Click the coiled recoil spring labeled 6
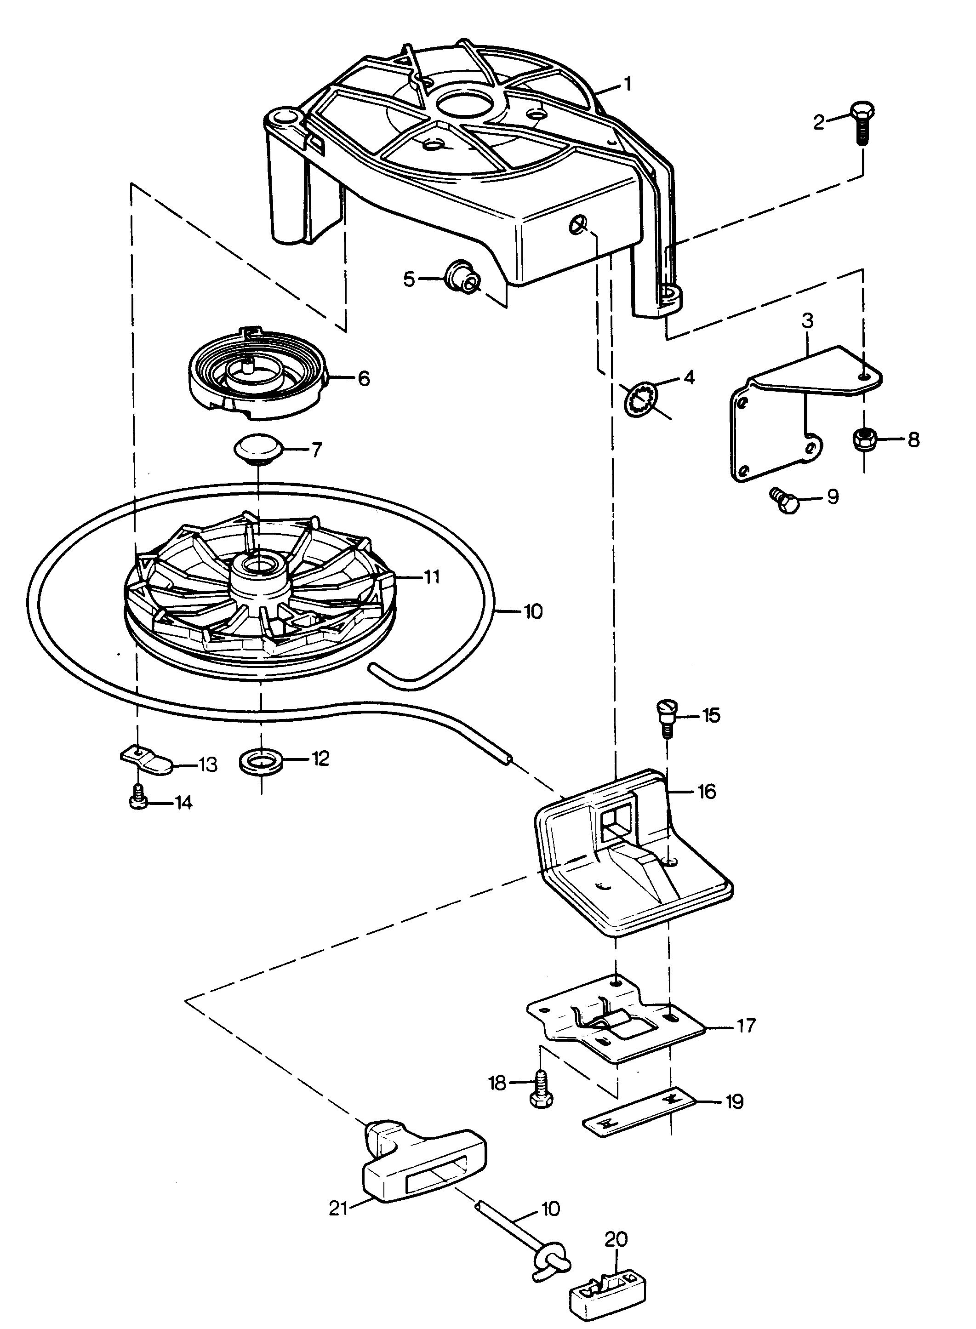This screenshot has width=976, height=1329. point(257,373)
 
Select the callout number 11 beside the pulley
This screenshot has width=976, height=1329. point(432,576)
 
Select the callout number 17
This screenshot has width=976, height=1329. point(747,1026)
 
